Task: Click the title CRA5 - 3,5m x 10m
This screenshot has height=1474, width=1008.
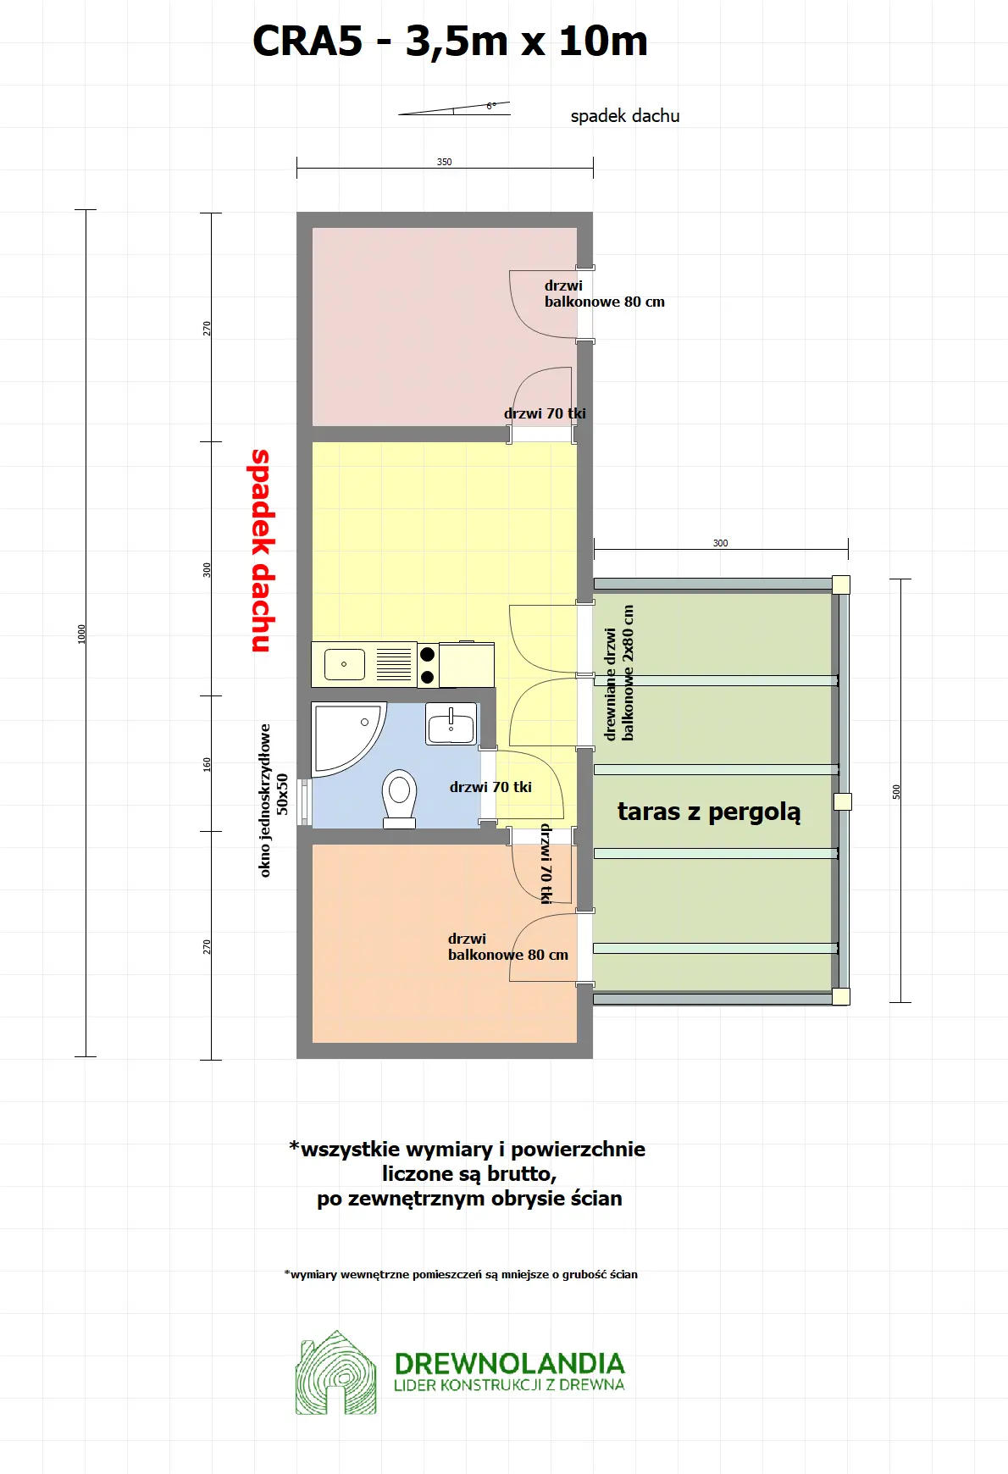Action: pos(450,41)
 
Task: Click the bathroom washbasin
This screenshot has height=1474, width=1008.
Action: pos(451,725)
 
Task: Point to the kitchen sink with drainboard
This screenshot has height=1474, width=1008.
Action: pos(364,664)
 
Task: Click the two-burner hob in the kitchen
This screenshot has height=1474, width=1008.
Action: pos(428,665)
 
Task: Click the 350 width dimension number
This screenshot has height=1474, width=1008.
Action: pos(444,162)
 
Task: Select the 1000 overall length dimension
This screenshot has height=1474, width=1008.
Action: pos(82,634)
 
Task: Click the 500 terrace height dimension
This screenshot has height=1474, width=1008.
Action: pos(896,791)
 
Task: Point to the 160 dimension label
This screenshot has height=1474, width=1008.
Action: pos(207,763)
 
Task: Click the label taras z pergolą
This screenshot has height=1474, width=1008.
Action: pos(708,812)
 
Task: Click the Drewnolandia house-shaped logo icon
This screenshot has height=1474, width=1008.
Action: pos(335,1373)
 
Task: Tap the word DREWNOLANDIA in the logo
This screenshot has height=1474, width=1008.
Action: pos(509,1363)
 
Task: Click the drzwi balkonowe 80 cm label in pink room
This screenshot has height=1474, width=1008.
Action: pos(603,294)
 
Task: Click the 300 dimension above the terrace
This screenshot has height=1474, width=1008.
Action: pos(720,543)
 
